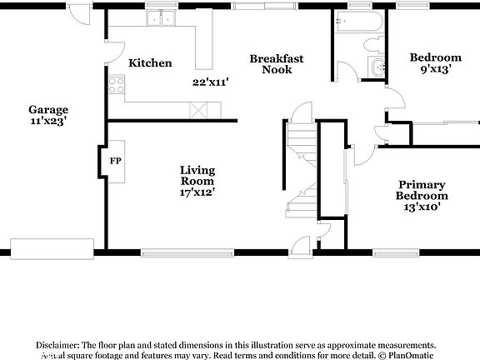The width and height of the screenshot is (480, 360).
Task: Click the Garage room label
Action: pyautogui.click(x=48, y=109)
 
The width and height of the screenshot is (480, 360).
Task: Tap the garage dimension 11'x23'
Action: pyautogui.click(x=48, y=121)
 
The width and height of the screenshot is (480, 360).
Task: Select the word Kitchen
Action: pyautogui.click(x=150, y=63)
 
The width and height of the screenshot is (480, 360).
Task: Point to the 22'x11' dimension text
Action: pyautogui.click(x=210, y=82)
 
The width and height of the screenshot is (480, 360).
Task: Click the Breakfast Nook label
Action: pyautogui.click(x=277, y=64)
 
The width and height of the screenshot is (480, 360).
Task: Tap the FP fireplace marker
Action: pyautogui.click(x=114, y=159)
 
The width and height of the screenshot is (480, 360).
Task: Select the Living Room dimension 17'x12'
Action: pyautogui.click(x=197, y=192)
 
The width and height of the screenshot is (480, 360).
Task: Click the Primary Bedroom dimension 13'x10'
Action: pyautogui.click(x=421, y=207)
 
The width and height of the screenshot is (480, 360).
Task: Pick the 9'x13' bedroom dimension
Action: pyautogui.click(x=435, y=70)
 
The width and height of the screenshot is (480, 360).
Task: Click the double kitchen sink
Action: pyautogui.click(x=161, y=18)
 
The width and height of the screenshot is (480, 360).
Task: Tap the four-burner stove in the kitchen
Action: pyautogui.click(x=116, y=83)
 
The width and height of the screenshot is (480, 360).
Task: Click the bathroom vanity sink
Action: pyautogui.click(x=378, y=69)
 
